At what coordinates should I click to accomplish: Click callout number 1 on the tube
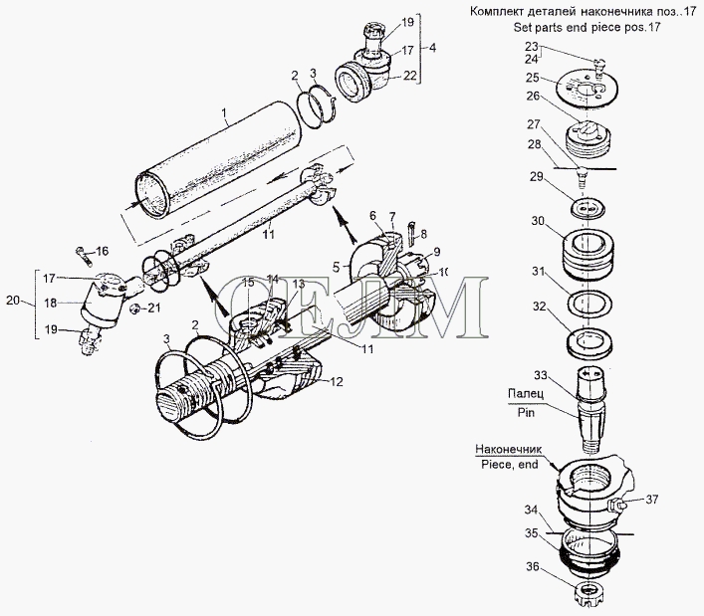(226, 113)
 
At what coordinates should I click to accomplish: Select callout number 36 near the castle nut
(534, 568)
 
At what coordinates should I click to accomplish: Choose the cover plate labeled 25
(587, 88)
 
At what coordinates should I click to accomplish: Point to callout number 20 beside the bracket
(12, 299)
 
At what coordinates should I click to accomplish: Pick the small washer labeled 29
(588, 211)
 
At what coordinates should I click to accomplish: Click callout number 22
(409, 76)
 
